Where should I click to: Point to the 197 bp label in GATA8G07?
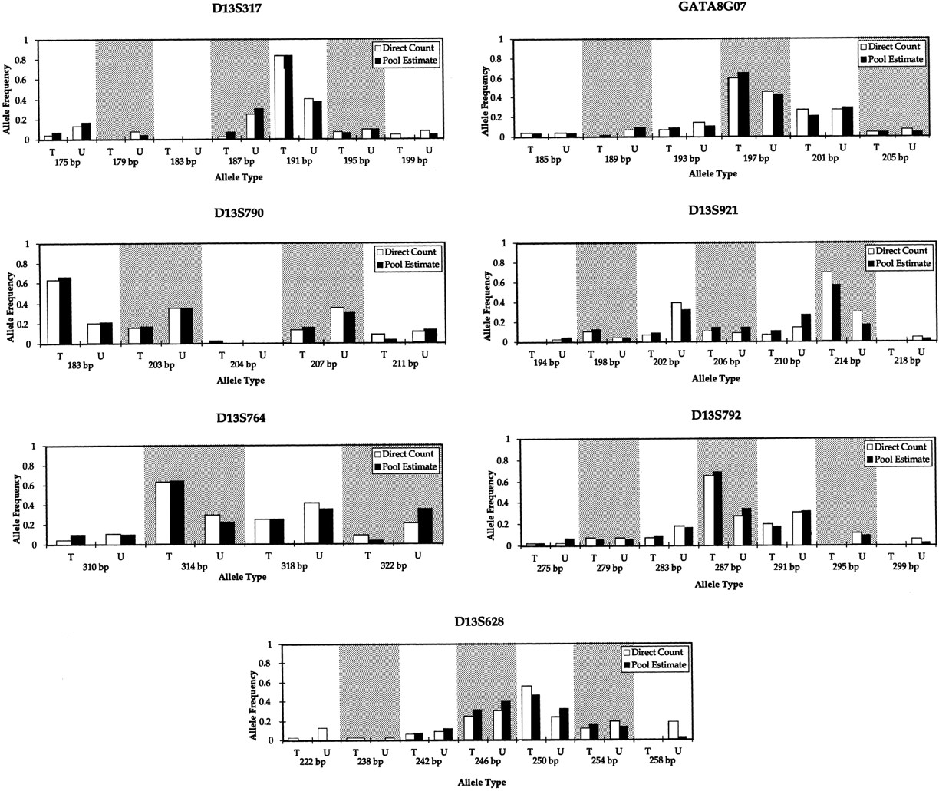click(755, 159)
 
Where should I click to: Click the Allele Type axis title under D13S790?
click(240, 381)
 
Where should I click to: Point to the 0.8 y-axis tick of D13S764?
click(31, 466)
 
